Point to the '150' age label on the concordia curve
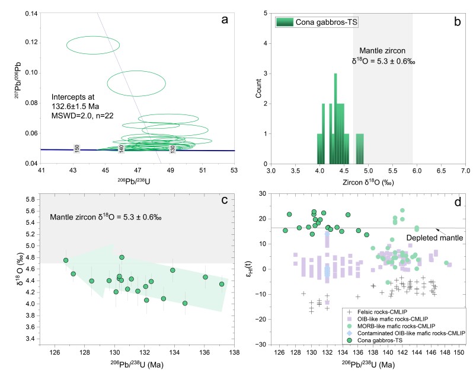coord(76,148)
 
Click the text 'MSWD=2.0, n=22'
coord(80,115)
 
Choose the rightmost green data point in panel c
coord(222,284)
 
